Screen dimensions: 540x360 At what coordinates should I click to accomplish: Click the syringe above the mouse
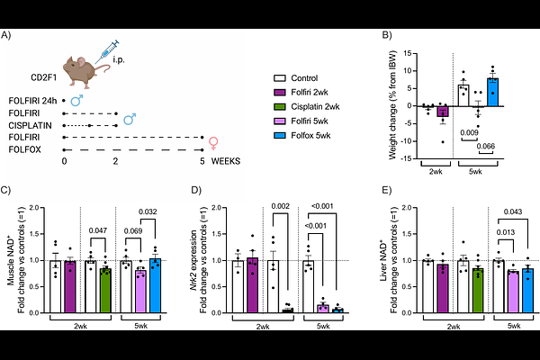[x=107, y=51]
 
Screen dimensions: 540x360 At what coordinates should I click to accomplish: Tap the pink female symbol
[x=213, y=143]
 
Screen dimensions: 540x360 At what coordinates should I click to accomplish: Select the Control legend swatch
[x=280, y=78]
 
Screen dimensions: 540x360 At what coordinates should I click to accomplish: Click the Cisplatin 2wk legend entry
[x=307, y=107]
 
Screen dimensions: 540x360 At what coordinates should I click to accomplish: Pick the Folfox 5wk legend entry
[x=302, y=135]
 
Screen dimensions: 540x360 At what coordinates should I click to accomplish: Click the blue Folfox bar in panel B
[x=492, y=92]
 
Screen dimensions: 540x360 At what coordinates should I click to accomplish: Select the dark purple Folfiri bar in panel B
[x=443, y=112]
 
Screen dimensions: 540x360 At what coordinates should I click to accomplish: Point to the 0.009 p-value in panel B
[x=469, y=132]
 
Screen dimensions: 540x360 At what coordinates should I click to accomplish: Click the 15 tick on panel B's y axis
[x=408, y=53]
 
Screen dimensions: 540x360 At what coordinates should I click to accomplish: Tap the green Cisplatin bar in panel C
[x=105, y=291]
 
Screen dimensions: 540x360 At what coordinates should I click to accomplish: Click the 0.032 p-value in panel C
[x=148, y=211]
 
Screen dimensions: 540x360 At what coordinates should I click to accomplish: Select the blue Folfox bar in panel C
[x=155, y=285]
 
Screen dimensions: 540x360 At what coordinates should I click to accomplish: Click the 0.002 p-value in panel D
[x=280, y=206]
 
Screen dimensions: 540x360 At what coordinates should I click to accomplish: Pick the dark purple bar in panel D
[x=252, y=285]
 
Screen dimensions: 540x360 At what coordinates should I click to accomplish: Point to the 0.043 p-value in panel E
[x=513, y=211]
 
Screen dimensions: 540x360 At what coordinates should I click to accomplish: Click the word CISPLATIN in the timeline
[x=30, y=125]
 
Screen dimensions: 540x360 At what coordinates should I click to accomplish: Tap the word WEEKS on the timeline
[x=226, y=161]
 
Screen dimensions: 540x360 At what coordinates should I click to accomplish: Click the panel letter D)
[x=196, y=190]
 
